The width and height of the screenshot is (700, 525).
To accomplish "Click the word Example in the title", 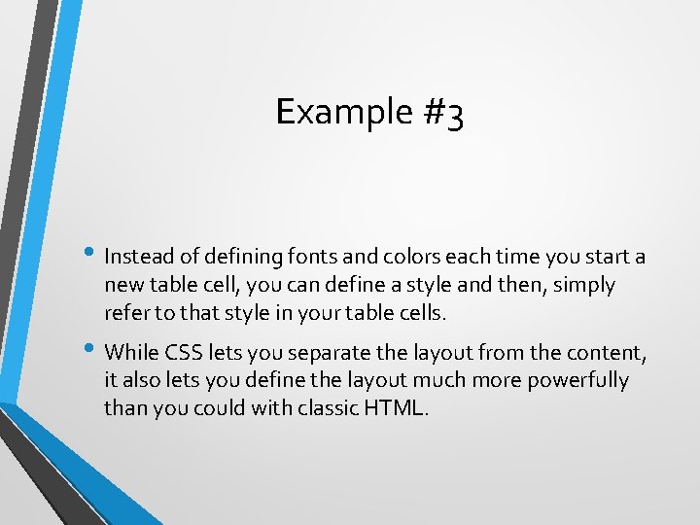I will pos(331,112).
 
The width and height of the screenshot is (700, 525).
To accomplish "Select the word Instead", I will pos(138,257).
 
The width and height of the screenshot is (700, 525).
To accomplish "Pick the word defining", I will pos(235,257).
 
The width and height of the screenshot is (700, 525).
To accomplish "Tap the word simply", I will pos(582,285).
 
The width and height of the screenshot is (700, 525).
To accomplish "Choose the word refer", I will pos(124,313).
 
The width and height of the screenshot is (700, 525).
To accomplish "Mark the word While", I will pos(131,351).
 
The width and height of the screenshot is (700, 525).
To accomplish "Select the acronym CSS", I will pos(185,351).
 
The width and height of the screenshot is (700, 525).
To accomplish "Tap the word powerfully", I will pos(580,379).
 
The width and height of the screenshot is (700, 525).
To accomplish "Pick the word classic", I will pos(320,407).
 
